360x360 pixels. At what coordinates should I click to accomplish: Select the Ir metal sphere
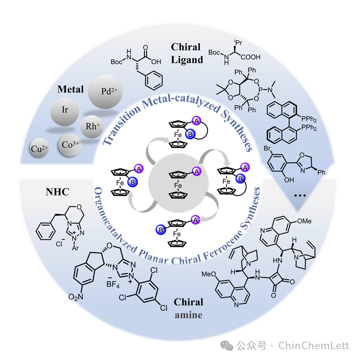click(65, 110)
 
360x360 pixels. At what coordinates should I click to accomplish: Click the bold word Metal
click(70, 89)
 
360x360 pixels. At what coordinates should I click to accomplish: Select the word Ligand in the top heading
click(187, 60)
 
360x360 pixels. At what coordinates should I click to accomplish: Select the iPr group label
click(238, 41)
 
